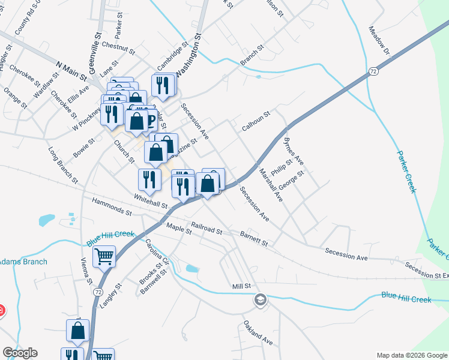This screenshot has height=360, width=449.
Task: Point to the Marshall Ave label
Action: click(x=270, y=184)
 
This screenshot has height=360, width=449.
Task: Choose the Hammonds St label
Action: click(x=112, y=208)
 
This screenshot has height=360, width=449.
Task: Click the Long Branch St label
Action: click(x=62, y=165)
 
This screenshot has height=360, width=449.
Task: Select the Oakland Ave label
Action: click(x=258, y=334)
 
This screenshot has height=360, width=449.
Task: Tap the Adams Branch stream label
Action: click(x=23, y=262)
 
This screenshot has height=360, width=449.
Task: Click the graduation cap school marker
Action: click(x=260, y=299)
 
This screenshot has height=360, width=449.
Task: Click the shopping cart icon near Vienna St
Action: click(x=104, y=256)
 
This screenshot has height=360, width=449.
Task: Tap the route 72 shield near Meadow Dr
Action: click(x=373, y=71)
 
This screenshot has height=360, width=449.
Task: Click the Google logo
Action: click(x=20, y=353)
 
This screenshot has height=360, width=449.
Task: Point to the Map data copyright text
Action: click(x=411, y=355)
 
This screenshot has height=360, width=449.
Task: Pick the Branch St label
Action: click(x=252, y=55)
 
